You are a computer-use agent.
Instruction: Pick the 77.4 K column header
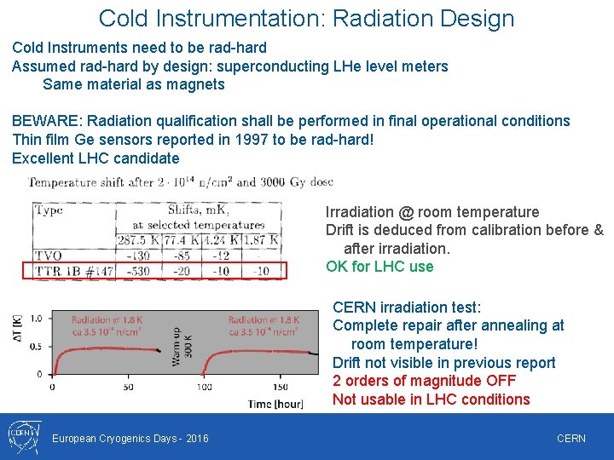pyautogui.click(x=182, y=241)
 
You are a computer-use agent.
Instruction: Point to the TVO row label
pyautogui.click(x=49, y=256)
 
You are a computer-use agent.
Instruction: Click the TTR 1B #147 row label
pyautogui.click(x=73, y=271)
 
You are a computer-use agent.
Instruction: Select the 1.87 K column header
pyautogui.click(x=262, y=241)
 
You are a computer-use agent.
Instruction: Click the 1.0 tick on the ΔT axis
pyautogui.click(x=36, y=319)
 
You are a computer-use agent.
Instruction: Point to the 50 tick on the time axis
pyautogui.click(x=128, y=387)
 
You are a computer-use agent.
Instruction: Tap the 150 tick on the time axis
pyautogui.click(x=281, y=387)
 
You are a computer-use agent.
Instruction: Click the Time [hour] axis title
pyautogui.click(x=270, y=403)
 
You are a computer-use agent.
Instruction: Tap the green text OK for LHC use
pyautogui.click(x=379, y=267)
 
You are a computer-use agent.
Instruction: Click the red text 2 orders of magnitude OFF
pyautogui.click(x=424, y=381)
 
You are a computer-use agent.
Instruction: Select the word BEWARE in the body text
pyautogui.click(x=46, y=121)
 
